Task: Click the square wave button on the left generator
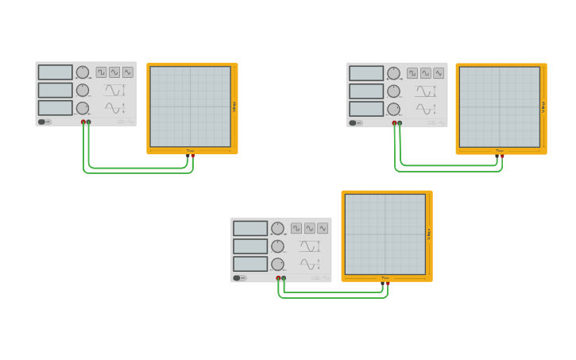tap(102, 72)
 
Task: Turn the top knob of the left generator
tap(83, 72)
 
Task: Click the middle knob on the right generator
tap(393, 91)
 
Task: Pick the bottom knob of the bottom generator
tap(277, 264)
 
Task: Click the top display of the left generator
tap(55, 72)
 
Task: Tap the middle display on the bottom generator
tap(250, 246)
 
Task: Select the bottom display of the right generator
tap(366, 109)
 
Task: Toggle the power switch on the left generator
tap(44, 122)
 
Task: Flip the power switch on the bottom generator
tap(240, 278)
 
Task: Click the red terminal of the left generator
tap(83, 122)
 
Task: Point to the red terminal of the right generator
tap(394, 123)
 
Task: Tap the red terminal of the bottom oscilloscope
tap(388, 282)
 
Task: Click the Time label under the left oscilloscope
tap(191, 150)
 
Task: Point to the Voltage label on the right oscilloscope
tap(543, 106)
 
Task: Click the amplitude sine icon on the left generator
tap(114, 90)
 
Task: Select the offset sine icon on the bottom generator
tap(309, 264)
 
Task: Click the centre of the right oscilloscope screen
tap(500, 106)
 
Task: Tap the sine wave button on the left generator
tap(114, 72)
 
